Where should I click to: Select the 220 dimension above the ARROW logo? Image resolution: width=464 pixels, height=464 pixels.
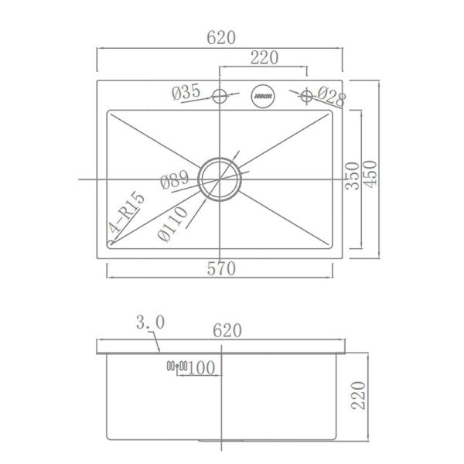tap(264, 57)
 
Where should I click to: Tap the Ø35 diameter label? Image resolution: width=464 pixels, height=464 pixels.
tap(186, 93)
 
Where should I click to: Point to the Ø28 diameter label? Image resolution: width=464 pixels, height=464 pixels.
tap(331, 97)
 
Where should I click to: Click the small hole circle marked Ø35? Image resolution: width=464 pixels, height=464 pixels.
tap(220, 97)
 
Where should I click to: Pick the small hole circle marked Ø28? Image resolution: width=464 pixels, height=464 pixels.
tap(306, 97)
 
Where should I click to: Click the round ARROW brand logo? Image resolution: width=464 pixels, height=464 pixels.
tap(263, 97)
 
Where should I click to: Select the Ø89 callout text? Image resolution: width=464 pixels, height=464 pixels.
tap(175, 182)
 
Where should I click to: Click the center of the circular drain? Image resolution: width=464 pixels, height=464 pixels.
tap(220, 179)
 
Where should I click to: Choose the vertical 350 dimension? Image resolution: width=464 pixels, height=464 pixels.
tap(352, 177)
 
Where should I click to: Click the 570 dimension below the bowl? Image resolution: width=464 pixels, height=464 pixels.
tap(220, 268)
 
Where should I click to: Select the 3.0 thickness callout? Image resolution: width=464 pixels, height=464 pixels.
tap(148, 321)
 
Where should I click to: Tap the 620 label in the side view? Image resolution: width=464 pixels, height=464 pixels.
tap(227, 330)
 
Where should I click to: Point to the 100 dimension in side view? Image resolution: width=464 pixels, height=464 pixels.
tap(200, 367)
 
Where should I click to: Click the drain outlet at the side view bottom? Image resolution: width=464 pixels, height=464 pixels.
tap(221, 439)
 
